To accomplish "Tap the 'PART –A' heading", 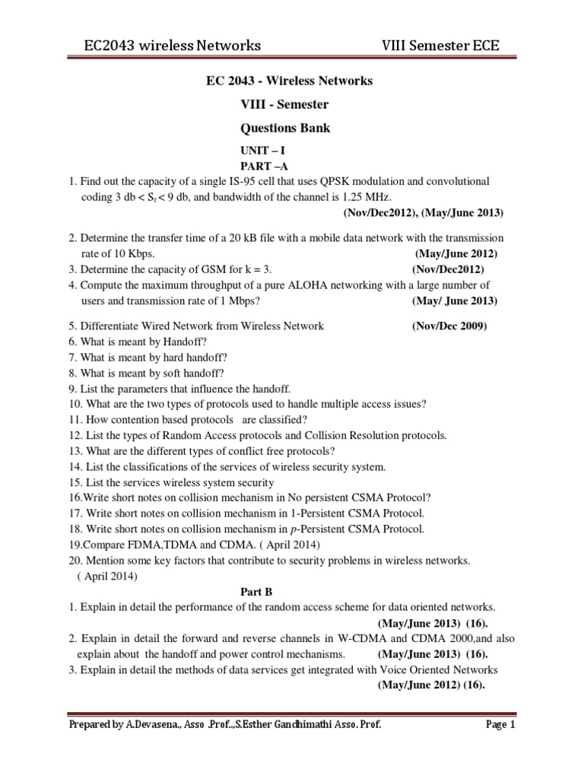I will (x=264, y=166).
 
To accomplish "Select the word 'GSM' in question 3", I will (x=194, y=269).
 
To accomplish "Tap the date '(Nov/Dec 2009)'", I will (x=449, y=326).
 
